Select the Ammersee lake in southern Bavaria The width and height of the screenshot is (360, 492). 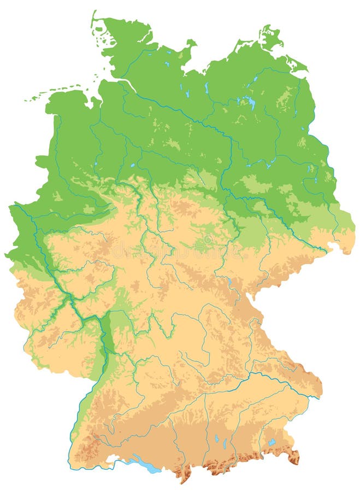[216, 438]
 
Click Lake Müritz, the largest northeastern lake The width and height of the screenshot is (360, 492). [250, 102]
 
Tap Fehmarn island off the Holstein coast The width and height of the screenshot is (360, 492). [190, 43]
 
